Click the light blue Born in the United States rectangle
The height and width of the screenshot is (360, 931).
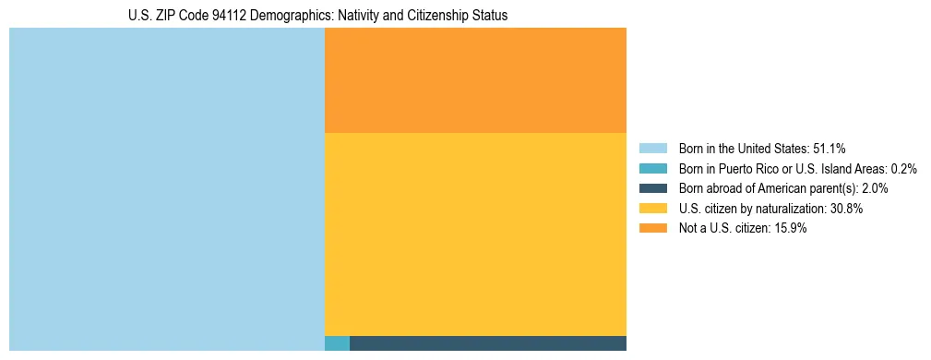[166, 189]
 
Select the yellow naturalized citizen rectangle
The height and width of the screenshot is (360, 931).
[475, 234]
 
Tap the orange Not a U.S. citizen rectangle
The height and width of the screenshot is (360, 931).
[475, 80]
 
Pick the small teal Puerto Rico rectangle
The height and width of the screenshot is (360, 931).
[337, 343]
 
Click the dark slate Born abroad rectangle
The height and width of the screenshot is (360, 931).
[487, 343]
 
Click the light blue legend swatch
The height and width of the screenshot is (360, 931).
[653, 149]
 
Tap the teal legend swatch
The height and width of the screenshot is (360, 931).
[653, 169]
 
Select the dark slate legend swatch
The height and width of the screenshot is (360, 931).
[653, 188]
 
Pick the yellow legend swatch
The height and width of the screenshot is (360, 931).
[653, 209]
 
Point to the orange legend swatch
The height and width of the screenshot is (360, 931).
[653, 229]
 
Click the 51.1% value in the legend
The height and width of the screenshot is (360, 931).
[829, 149]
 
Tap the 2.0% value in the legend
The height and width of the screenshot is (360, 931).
[875, 188]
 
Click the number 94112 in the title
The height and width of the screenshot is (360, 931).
[226, 16]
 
